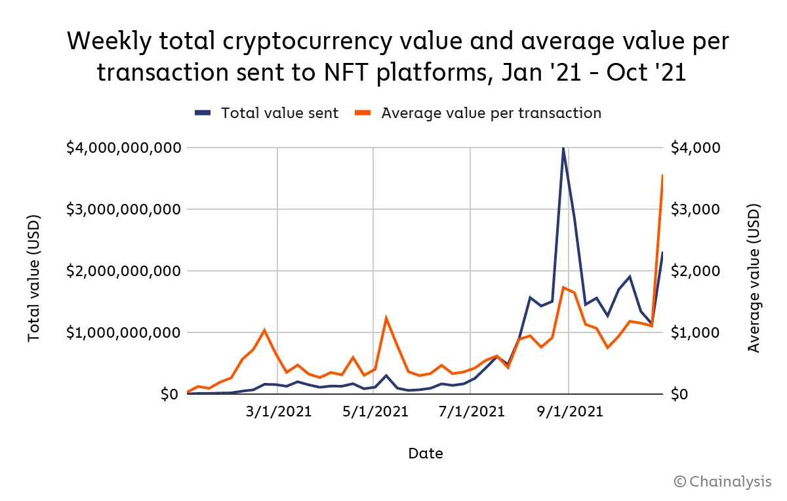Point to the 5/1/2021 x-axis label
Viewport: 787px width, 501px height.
(376, 412)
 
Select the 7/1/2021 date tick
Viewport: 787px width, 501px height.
(472, 412)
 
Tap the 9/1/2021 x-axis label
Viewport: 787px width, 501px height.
(569, 412)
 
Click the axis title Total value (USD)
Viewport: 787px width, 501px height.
(34, 277)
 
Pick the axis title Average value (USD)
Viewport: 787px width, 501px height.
(754, 277)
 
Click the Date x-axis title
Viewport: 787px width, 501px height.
(425, 453)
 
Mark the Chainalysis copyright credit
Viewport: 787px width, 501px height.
(722, 482)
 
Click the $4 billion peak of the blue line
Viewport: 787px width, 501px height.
(563, 149)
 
